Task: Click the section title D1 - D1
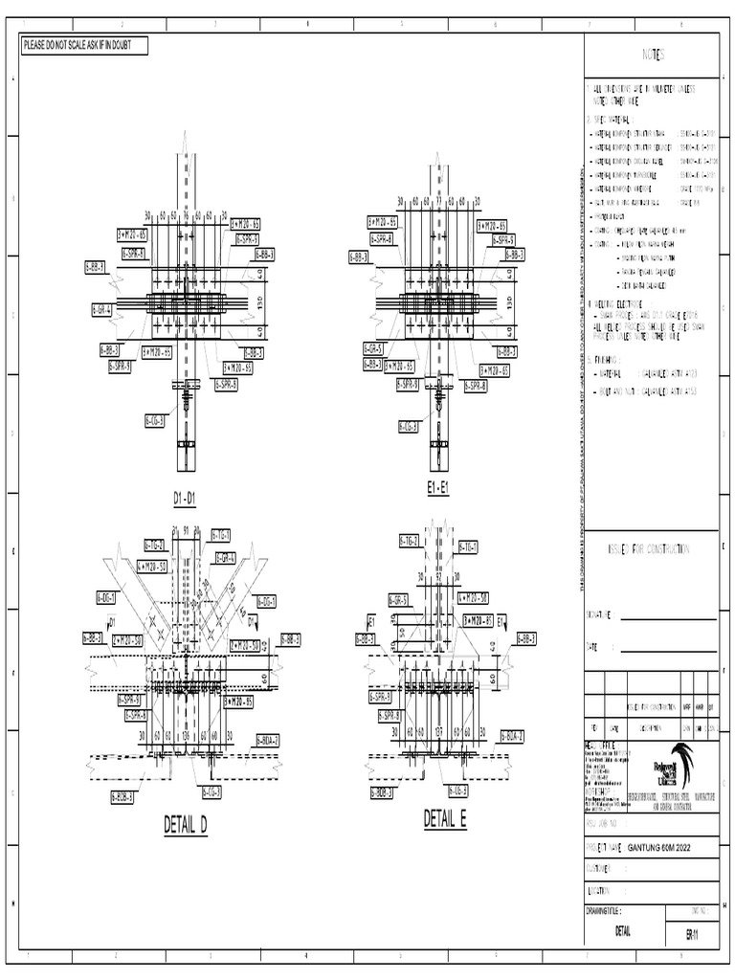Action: (185, 499)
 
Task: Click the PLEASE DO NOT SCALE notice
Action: (84, 45)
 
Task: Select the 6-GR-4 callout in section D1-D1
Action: (102, 309)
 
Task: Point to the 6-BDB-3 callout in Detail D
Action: (122, 795)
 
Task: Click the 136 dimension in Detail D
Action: (186, 736)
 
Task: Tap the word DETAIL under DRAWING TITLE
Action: (623, 931)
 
